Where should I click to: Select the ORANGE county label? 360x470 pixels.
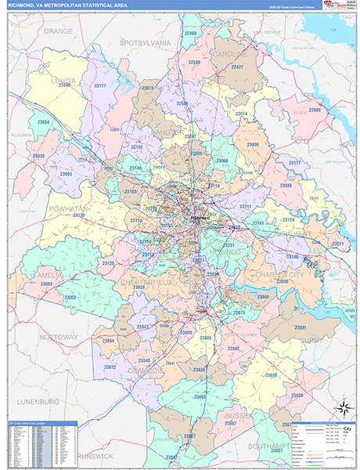(58, 31)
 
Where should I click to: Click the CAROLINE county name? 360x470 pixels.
(229, 55)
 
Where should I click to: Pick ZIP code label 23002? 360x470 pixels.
(70, 298)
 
